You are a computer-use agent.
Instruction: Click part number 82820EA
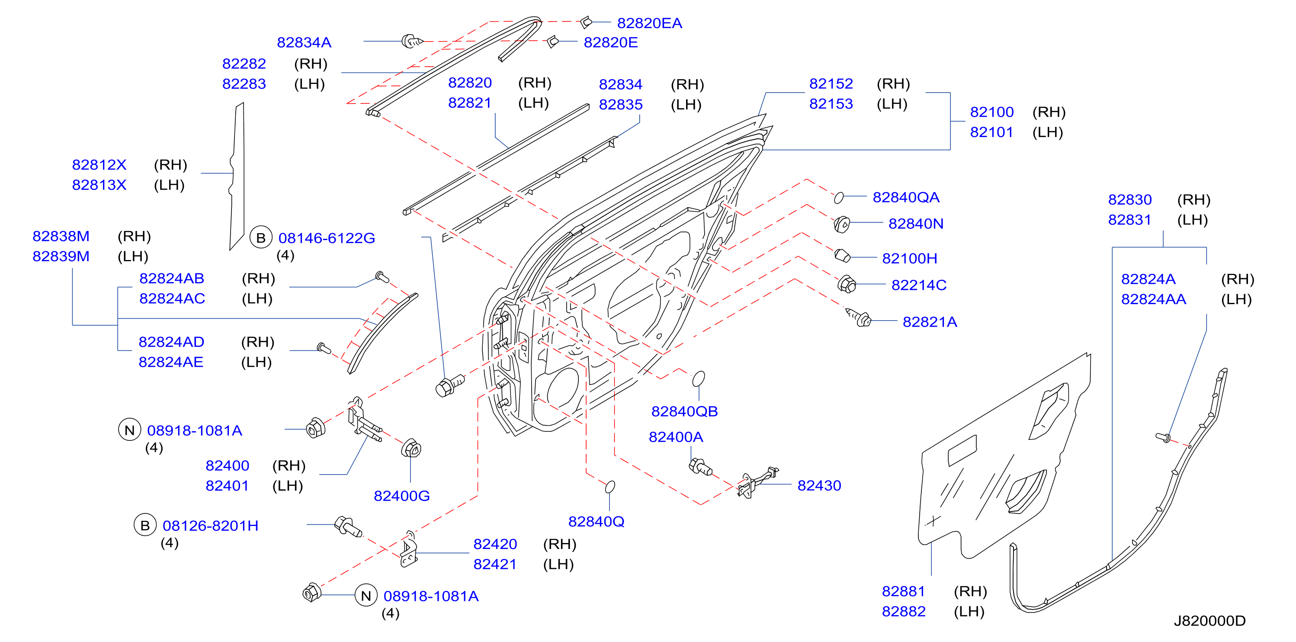(649, 23)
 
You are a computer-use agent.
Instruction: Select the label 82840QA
(905, 197)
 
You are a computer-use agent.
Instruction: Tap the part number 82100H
(909, 258)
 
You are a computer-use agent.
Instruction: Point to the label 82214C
(919, 285)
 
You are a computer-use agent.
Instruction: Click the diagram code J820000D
(1209, 620)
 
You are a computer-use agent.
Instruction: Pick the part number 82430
(819, 485)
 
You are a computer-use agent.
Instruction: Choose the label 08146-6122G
(327, 238)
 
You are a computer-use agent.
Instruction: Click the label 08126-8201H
(210, 526)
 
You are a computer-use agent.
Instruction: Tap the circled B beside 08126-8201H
(145, 525)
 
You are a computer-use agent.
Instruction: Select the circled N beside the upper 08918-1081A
(129, 430)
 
